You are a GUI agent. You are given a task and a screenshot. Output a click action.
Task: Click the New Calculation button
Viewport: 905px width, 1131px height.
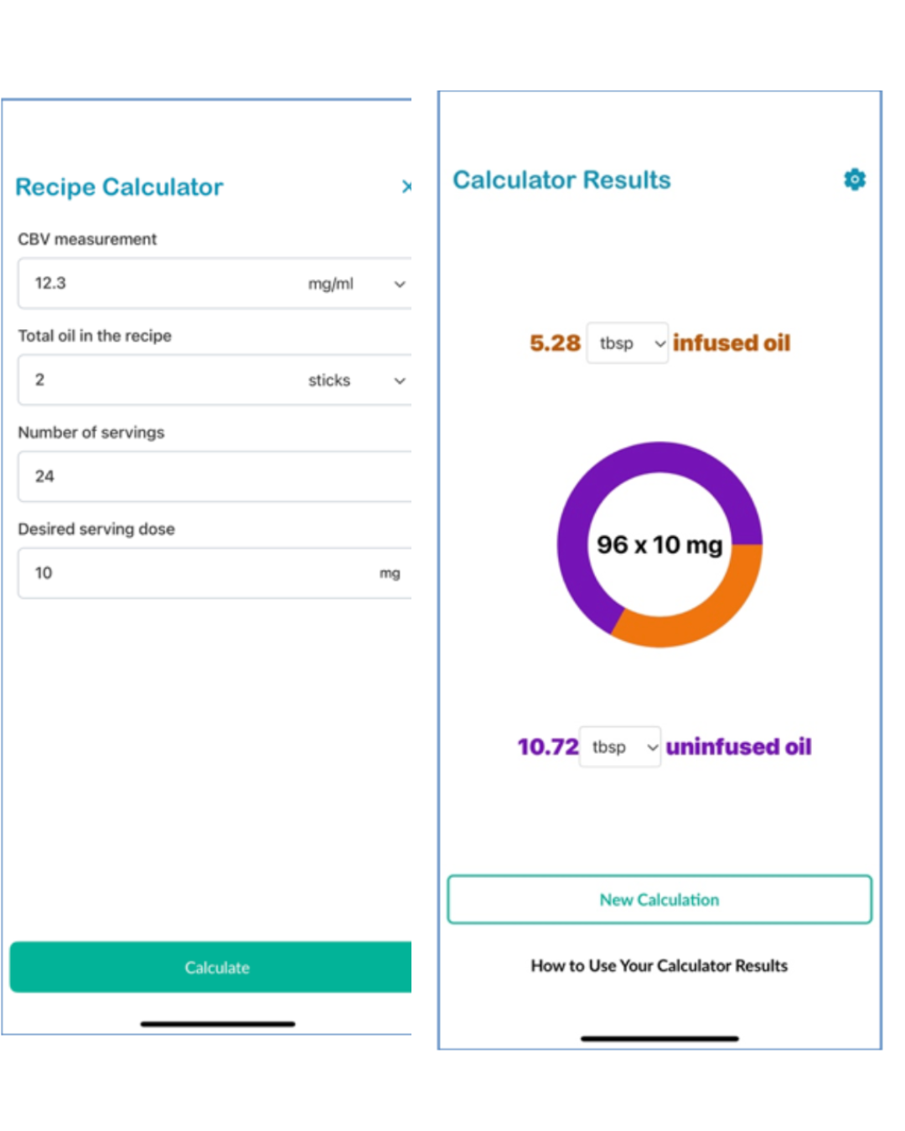(659, 900)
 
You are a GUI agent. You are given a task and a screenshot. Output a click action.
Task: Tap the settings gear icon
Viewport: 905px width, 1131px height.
(854, 179)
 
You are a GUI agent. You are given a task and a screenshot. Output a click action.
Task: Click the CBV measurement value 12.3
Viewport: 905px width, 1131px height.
(50, 283)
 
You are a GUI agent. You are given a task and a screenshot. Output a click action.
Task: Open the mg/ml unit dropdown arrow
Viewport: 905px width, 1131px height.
(400, 284)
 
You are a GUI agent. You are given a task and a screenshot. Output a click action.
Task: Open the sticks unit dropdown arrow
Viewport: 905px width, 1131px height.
(400, 380)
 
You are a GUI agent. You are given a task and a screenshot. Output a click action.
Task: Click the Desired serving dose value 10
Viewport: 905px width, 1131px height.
(44, 573)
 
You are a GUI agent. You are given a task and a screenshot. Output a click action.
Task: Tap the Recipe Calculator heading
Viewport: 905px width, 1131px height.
(119, 187)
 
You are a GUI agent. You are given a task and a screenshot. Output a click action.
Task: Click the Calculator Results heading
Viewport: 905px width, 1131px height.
(561, 180)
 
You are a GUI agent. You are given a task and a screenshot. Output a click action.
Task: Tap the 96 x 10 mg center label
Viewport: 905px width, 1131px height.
(659, 545)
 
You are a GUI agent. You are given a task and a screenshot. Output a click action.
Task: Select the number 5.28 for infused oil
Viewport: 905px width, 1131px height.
(555, 343)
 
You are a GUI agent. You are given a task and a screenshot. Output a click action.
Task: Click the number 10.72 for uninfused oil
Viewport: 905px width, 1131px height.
(548, 746)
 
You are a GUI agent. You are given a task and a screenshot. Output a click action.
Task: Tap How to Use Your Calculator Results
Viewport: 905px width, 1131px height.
(659, 966)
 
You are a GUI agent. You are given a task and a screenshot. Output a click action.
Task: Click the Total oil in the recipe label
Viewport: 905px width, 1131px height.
(95, 336)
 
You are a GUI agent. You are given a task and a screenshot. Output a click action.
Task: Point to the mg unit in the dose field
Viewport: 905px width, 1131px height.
(390, 573)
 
